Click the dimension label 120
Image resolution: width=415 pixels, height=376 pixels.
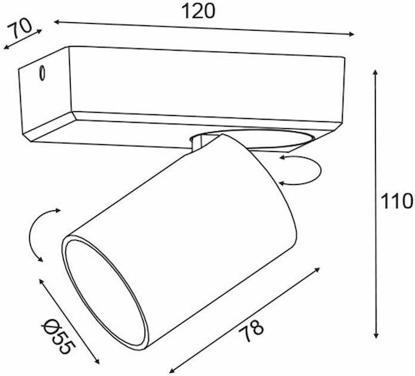[198, 12]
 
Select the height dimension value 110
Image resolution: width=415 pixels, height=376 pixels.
[397, 201]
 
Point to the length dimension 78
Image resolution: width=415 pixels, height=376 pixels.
[251, 331]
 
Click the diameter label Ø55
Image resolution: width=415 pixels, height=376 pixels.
[58, 336]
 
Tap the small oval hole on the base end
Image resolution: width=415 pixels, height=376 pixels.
[41, 73]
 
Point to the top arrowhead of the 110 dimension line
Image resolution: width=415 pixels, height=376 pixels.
[375, 72]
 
